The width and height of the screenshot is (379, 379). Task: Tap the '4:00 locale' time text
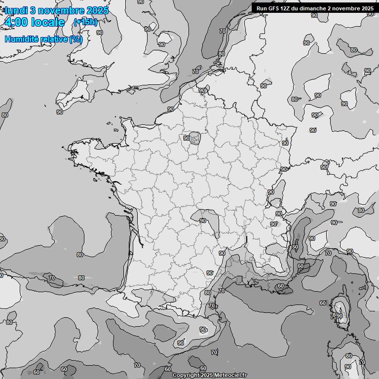(x=34, y=22)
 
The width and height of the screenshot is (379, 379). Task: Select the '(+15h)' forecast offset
(x=85, y=22)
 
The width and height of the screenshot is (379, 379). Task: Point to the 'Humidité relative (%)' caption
(x=43, y=39)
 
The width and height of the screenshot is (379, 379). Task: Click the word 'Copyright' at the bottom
(x=187, y=376)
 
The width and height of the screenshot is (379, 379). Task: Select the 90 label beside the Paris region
(x=187, y=138)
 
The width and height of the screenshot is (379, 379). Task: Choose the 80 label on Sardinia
(x=349, y=356)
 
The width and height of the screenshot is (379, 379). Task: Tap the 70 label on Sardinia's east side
(x=362, y=362)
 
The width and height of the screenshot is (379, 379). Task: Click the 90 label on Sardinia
(x=347, y=367)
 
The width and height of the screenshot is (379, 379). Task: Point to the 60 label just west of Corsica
(x=323, y=303)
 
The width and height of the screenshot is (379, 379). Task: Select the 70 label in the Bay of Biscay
(x=52, y=278)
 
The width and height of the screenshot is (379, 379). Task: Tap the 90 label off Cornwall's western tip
(x=59, y=112)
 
